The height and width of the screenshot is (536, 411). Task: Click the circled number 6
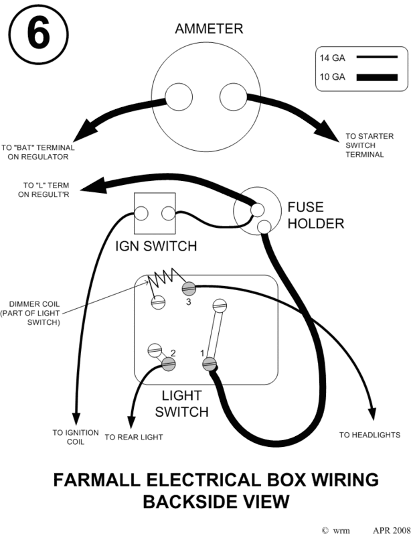pyautogui.click(x=38, y=35)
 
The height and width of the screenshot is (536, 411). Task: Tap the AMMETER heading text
pyautogui.click(x=208, y=29)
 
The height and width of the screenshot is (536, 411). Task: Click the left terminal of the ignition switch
pyautogui.click(x=142, y=214)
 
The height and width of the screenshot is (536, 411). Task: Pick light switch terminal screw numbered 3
pyautogui.click(x=189, y=289)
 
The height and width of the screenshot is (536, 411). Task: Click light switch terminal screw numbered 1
pyautogui.click(x=210, y=364)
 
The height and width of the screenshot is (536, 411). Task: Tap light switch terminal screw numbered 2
pyautogui.click(x=168, y=364)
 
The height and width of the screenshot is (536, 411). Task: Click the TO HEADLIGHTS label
pyautogui.click(x=370, y=435)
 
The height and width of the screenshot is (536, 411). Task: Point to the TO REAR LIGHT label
pyautogui.click(x=134, y=437)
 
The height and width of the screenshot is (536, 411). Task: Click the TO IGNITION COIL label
pyautogui.click(x=76, y=437)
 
